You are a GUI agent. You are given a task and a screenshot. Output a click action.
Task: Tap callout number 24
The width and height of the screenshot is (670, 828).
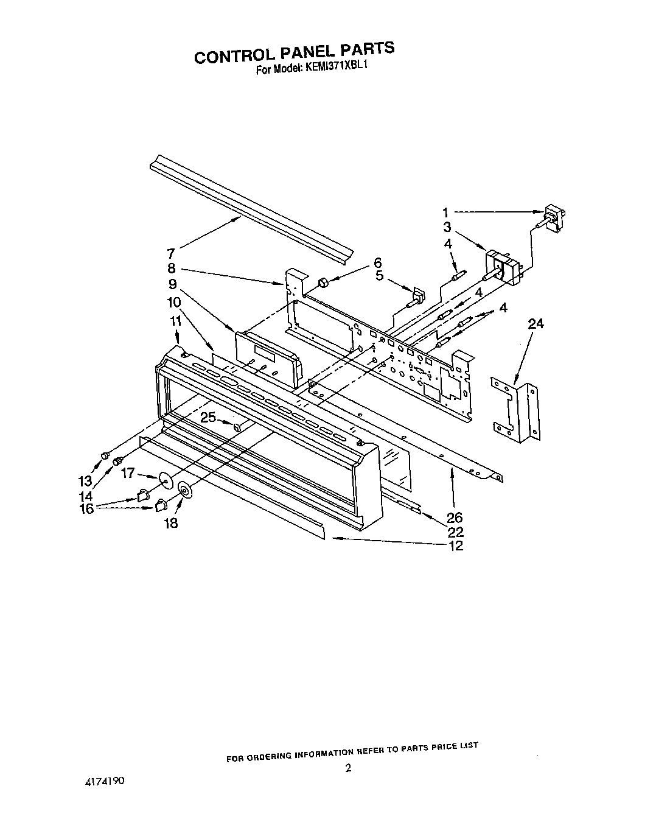tap(536, 324)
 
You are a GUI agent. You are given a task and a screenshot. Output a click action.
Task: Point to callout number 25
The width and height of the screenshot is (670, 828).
tap(208, 418)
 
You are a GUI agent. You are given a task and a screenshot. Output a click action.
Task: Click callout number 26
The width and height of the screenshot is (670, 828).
tap(455, 518)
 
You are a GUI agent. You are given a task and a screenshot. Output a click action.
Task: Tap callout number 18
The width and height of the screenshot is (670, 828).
tap(171, 522)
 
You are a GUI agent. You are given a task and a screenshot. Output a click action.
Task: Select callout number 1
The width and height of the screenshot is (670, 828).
tap(446, 212)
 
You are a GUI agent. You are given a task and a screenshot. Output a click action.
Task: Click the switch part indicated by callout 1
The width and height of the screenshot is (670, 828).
tap(553, 219)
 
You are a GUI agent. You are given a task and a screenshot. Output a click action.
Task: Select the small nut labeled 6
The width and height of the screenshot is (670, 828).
tap(324, 282)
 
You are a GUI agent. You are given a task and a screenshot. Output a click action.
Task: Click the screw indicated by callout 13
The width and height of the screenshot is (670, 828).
tap(105, 454)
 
